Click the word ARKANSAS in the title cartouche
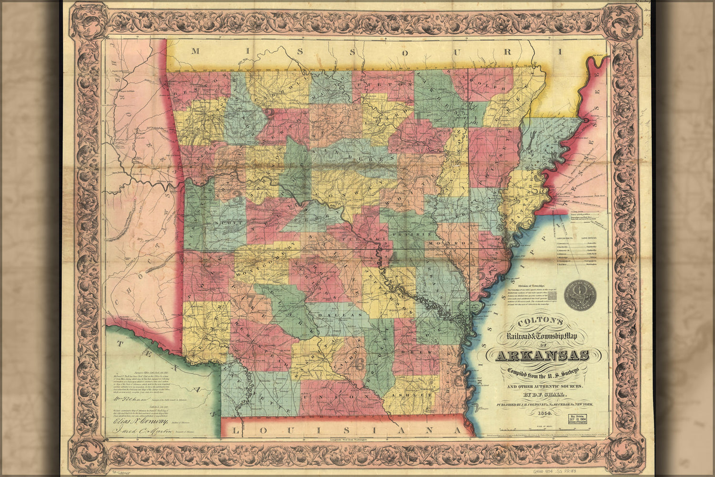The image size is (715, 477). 543,356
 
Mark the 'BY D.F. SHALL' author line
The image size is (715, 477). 541,395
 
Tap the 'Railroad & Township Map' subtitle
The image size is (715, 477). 541,337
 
